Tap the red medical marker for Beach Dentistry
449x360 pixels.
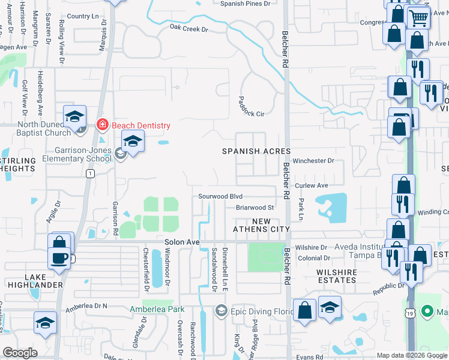[102, 125]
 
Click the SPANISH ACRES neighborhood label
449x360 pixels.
[257, 151]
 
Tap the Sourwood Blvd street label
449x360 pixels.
[220, 196]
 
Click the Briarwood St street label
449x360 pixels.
[255, 208]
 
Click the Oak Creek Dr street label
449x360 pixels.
[188, 28]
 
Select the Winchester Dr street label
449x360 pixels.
[313, 161]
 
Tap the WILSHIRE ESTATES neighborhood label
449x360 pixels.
[328, 276]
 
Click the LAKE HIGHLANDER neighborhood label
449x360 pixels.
[44, 280]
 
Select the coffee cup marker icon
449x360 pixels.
[59, 257]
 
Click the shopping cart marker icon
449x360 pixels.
[418, 17]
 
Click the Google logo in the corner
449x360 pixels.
[20, 353]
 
